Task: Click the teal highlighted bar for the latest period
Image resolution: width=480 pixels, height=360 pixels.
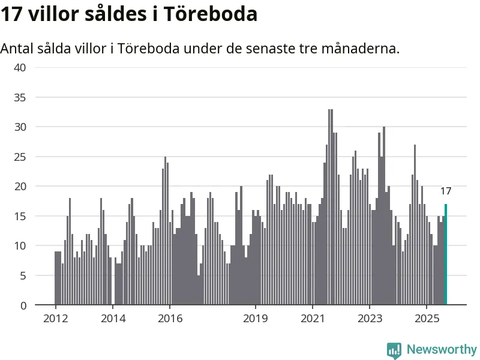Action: click(x=446, y=255)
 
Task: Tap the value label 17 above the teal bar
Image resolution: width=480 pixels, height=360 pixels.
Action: click(x=446, y=191)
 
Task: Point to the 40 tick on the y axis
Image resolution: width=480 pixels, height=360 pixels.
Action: click(x=20, y=67)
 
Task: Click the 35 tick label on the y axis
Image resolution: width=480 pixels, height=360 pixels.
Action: click(x=20, y=97)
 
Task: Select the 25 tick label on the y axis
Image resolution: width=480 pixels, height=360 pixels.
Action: click(x=20, y=157)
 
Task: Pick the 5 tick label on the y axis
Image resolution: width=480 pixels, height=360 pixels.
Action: click(x=23, y=275)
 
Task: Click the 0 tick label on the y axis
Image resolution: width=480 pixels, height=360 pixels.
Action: click(x=23, y=305)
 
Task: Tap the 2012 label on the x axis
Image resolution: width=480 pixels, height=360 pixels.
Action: click(x=55, y=318)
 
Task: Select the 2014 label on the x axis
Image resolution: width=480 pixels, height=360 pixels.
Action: click(x=113, y=318)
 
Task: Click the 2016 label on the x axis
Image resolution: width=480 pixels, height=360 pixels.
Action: click(x=170, y=318)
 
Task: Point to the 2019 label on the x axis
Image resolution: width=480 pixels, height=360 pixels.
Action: click(x=256, y=318)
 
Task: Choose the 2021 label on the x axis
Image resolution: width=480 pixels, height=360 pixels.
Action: click(x=313, y=318)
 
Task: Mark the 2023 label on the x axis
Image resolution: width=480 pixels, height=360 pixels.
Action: click(x=370, y=318)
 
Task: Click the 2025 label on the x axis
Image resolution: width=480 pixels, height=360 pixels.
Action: click(x=427, y=318)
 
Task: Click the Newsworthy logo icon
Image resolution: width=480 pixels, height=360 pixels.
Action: click(x=394, y=350)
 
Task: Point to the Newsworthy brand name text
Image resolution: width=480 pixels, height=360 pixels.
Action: click(x=442, y=349)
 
